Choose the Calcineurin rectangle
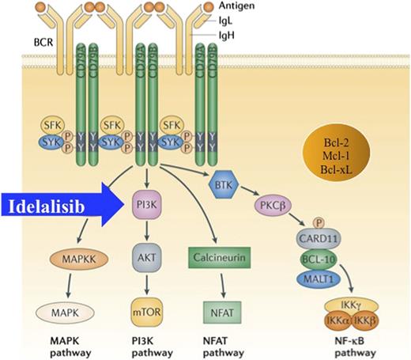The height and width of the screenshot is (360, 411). (x=215, y=258)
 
